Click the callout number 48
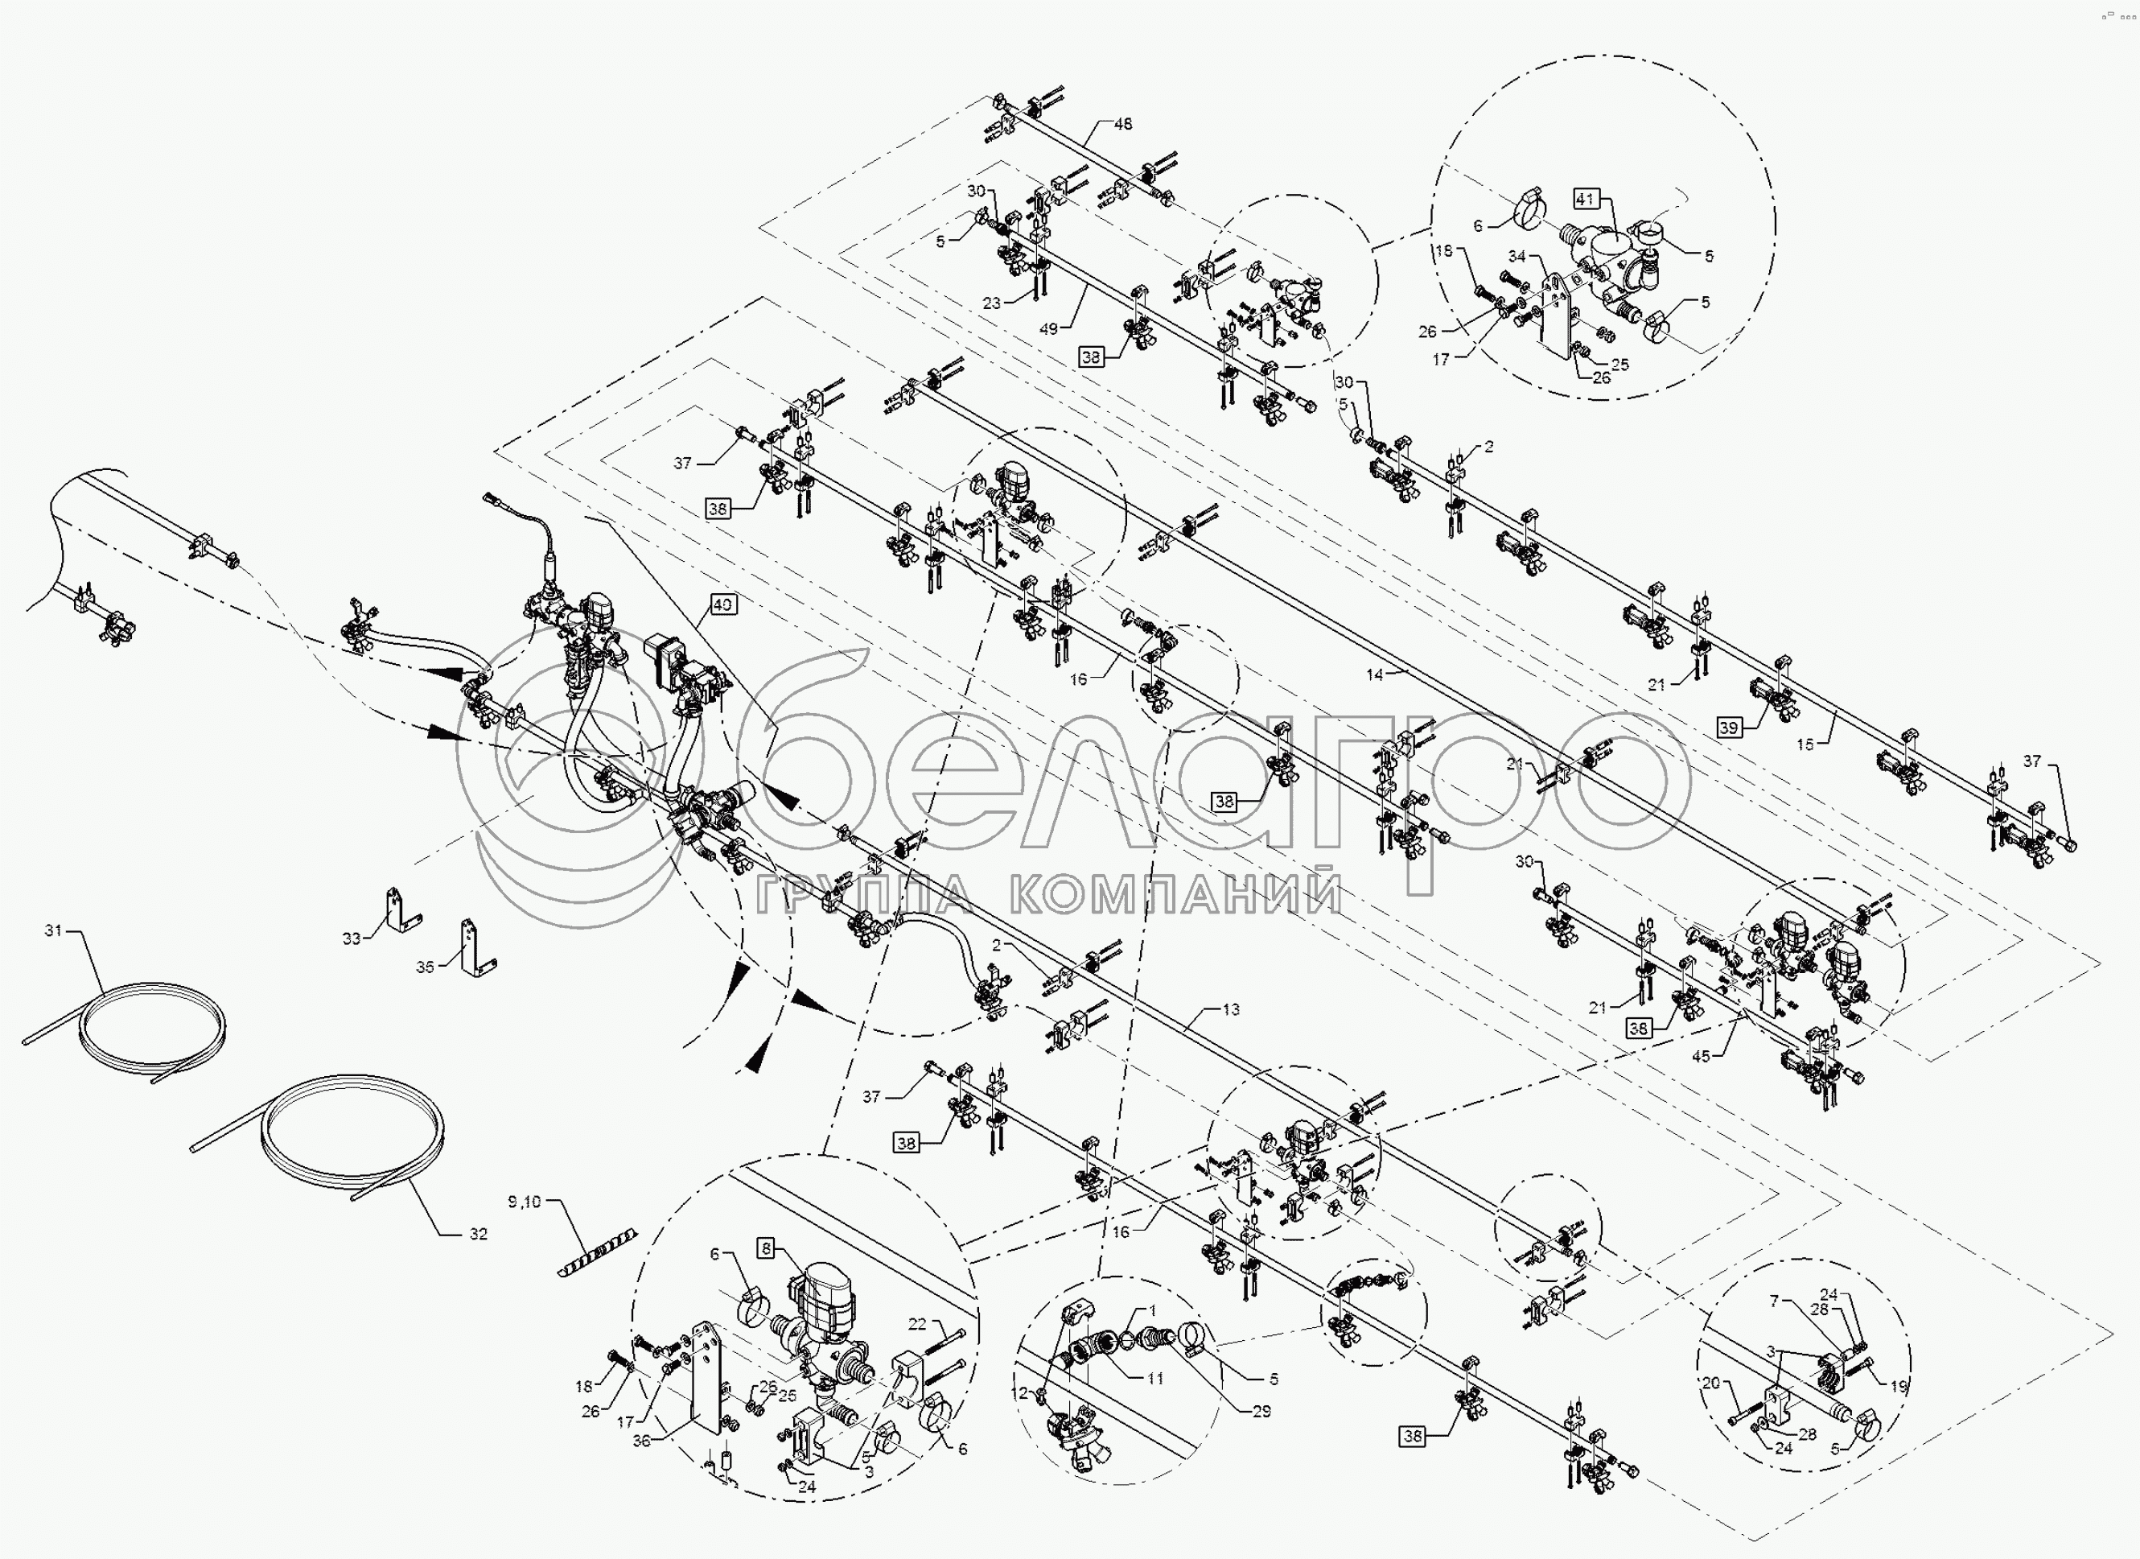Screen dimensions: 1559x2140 pos(1123,124)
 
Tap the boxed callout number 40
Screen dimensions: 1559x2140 pos(722,604)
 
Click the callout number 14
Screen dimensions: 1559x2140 pos(1375,674)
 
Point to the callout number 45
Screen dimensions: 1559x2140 pos(1700,1056)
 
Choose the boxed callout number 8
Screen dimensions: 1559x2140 pos(766,1248)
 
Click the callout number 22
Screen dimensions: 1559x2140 pos(917,1324)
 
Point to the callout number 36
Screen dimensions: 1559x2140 pos(642,1440)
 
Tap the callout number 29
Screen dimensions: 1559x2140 pos(1261,1411)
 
